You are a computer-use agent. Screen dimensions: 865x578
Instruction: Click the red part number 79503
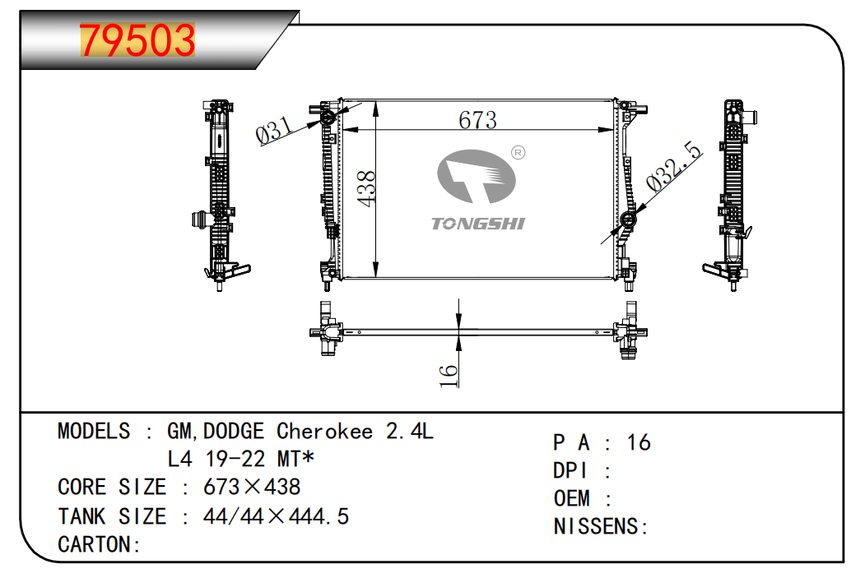coord(137,40)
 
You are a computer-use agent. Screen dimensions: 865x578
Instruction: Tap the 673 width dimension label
coord(477,120)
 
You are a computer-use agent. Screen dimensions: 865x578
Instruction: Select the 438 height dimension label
coord(366,188)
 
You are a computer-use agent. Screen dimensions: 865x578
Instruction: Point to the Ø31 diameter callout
coord(273,130)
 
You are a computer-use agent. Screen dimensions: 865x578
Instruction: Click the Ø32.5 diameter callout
coord(674,166)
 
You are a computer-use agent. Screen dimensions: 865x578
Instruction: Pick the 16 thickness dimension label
coord(449,375)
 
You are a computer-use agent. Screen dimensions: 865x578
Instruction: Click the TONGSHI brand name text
coord(477,224)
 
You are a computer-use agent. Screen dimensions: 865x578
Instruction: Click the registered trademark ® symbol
coord(518,153)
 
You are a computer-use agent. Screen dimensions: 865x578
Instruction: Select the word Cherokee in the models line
coord(324,431)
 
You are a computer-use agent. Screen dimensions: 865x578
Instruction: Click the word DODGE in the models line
coord(234,431)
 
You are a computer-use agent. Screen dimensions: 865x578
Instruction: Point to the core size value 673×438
coord(252,487)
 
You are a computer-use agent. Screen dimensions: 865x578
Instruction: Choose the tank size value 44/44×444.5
coord(276,516)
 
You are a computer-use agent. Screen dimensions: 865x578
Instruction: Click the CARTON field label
coord(94,544)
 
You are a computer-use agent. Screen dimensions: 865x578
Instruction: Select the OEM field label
coord(571,498)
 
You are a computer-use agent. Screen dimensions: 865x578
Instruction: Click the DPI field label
coord(571,470)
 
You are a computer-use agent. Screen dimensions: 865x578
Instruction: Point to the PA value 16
coord(639,442)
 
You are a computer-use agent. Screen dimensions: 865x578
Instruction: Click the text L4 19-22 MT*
coord(240,459)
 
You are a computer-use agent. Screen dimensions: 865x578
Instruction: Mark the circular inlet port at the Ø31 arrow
coord(328,117)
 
